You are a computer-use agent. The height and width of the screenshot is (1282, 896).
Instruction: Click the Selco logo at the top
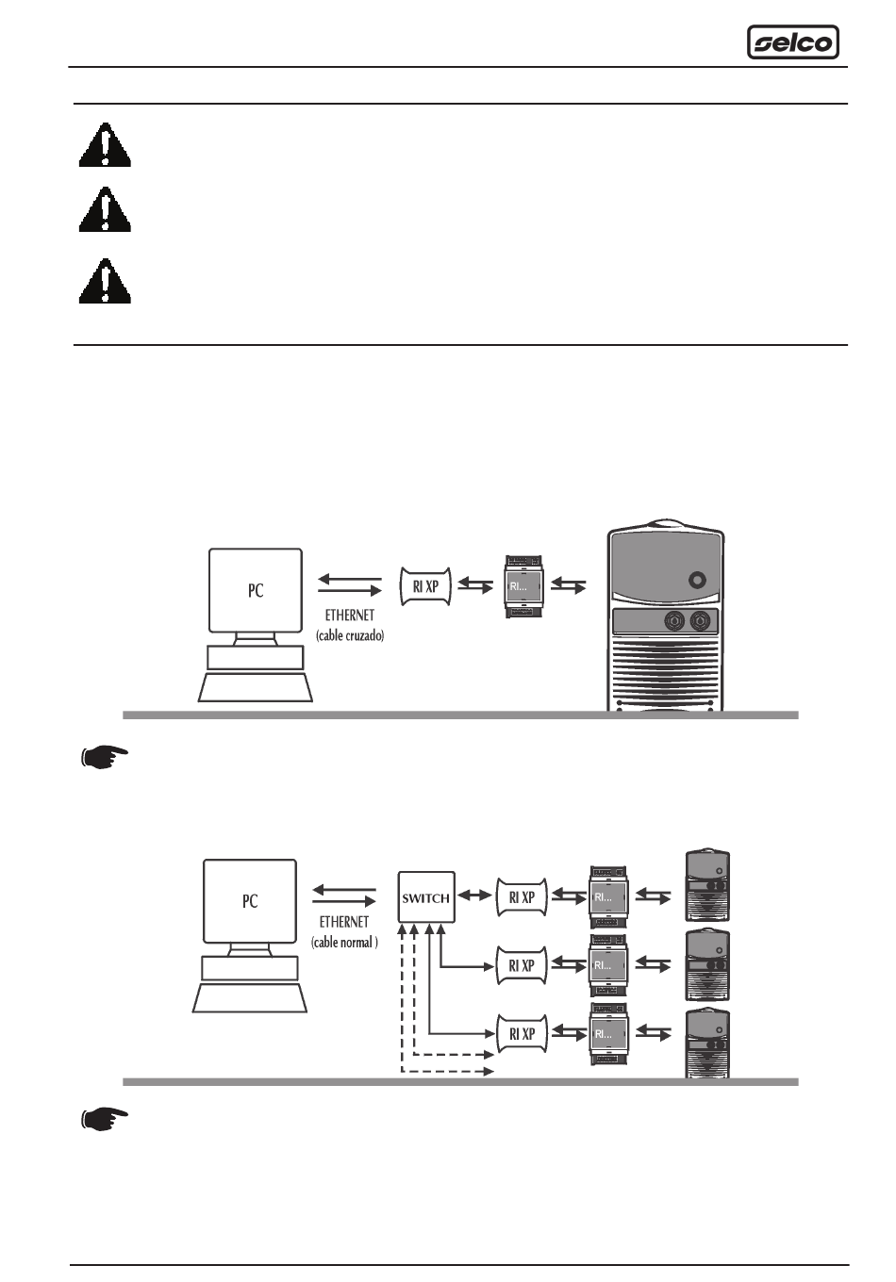coord(792,42)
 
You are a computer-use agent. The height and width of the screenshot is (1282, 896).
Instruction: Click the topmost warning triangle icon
coord(105,146)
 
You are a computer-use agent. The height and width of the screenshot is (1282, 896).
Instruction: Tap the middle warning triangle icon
coord(105,210)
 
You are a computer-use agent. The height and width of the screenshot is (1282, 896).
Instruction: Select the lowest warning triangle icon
coord(105,282)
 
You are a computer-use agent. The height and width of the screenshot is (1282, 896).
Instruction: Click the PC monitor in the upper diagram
coord(256,590)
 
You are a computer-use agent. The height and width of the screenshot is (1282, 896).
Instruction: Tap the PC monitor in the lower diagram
coord(250,900)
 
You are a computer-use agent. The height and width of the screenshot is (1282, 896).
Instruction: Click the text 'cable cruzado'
coord(350,636)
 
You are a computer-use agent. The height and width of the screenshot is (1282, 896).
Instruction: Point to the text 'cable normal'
coord(344,942)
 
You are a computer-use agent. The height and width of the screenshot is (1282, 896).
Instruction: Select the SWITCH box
coord(426,897)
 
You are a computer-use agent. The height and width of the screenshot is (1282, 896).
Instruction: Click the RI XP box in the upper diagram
coord(426,585)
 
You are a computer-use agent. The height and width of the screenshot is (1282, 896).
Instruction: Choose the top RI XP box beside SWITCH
coord(522,897)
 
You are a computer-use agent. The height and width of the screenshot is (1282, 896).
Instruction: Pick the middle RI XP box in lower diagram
coord(522,965)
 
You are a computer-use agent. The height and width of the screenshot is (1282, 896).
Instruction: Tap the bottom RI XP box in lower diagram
coord(522,1033)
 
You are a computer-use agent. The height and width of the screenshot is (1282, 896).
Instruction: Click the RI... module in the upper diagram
coord(525,586)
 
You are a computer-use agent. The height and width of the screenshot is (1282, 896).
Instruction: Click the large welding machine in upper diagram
coord(666,617)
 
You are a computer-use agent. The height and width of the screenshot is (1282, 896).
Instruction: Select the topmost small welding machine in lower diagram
coord(708,886)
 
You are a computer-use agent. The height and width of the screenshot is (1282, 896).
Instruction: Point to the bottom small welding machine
coord(708,1044)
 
